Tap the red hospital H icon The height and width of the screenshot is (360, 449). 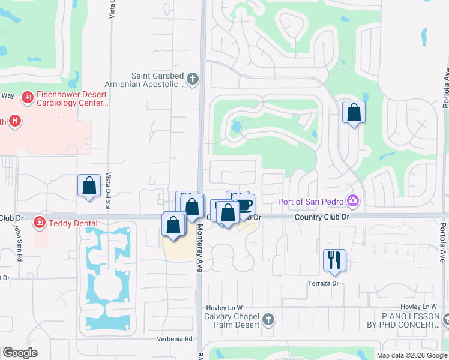point(15,121)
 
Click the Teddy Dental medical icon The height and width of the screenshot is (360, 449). point(39,223)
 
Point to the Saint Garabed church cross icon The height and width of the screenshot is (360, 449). point(192,79)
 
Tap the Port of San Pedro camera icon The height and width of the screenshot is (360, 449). point(354,200)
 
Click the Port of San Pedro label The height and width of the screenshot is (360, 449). point(312,201)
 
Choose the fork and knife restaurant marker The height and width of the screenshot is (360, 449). point(334,260)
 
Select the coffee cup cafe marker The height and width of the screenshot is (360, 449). point(244,205)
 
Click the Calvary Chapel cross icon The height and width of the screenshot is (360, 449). point(268,320)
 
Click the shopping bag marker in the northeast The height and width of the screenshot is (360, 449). point(354,112)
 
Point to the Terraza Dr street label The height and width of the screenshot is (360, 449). point(324,283)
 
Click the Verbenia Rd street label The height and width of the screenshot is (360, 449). point(175,338)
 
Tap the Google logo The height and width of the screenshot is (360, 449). point(20,353)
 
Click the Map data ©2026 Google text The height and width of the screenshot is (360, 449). point(411,355)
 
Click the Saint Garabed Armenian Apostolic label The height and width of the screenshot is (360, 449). point(157,80)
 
